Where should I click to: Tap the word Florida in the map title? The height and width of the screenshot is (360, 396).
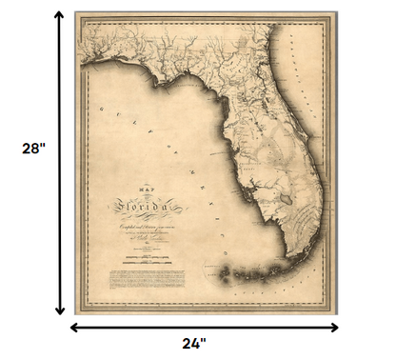142,204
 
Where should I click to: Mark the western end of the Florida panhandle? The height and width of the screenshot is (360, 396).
85,63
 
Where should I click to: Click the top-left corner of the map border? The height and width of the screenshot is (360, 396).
76,12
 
